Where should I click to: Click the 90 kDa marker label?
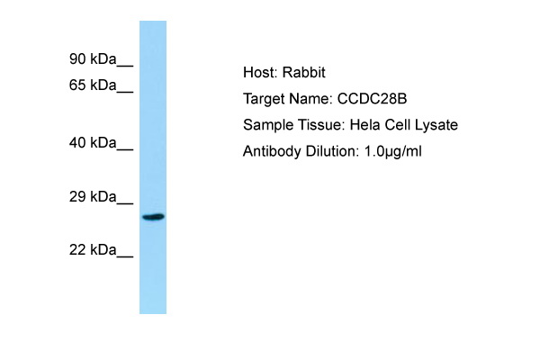point(93,59)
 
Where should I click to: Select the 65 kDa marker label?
point(93,85)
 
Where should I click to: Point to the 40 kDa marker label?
point(93,142)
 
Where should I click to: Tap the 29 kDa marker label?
point(93,197)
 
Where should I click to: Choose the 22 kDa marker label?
point(93,250)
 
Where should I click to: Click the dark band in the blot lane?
point(154,217)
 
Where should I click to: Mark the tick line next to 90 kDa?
point(125,66)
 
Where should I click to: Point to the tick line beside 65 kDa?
point(125,92)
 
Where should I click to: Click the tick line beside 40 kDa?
point(125,149)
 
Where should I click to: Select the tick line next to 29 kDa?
point(125,203)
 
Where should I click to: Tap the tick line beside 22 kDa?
point(125,256)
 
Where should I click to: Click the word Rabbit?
point(304,72)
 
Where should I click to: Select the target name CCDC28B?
point(372,99)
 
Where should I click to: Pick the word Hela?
point(365,125)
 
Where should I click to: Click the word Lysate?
point(436,125)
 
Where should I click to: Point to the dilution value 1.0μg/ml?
point(392,151)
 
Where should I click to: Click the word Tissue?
point(321,125)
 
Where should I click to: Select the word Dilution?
point(332,151)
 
